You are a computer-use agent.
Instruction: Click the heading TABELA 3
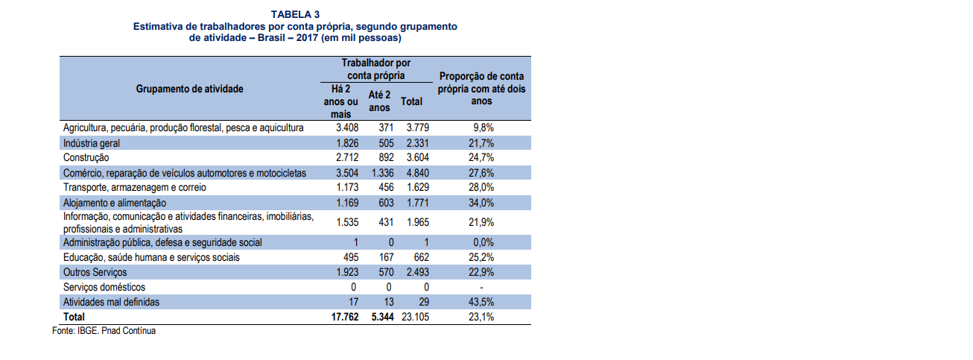click(295, 14)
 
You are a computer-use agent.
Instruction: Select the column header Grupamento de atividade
click(189, 89)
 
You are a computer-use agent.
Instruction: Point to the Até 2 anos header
click(379, 101)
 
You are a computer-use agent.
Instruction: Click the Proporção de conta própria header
click(481, 88)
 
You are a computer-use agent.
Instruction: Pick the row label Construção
click(86, 158)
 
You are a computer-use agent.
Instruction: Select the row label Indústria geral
click(92, 143)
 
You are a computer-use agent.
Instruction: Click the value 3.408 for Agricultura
click(346, 128)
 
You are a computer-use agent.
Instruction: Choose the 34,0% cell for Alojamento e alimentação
click(482, 203)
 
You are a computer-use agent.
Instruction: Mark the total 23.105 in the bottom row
click(414, 317)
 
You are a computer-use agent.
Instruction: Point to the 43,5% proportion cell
click(482, 302)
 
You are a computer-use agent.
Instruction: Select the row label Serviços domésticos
click(104, 287)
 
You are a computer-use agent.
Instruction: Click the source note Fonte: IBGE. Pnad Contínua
click(104, 330)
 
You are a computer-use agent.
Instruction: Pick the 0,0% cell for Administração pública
click(482, 242)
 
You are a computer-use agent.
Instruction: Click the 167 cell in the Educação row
click(386, 257)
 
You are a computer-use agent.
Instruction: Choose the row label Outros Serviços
click(95, 272)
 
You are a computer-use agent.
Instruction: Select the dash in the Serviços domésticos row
click(482, 287)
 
